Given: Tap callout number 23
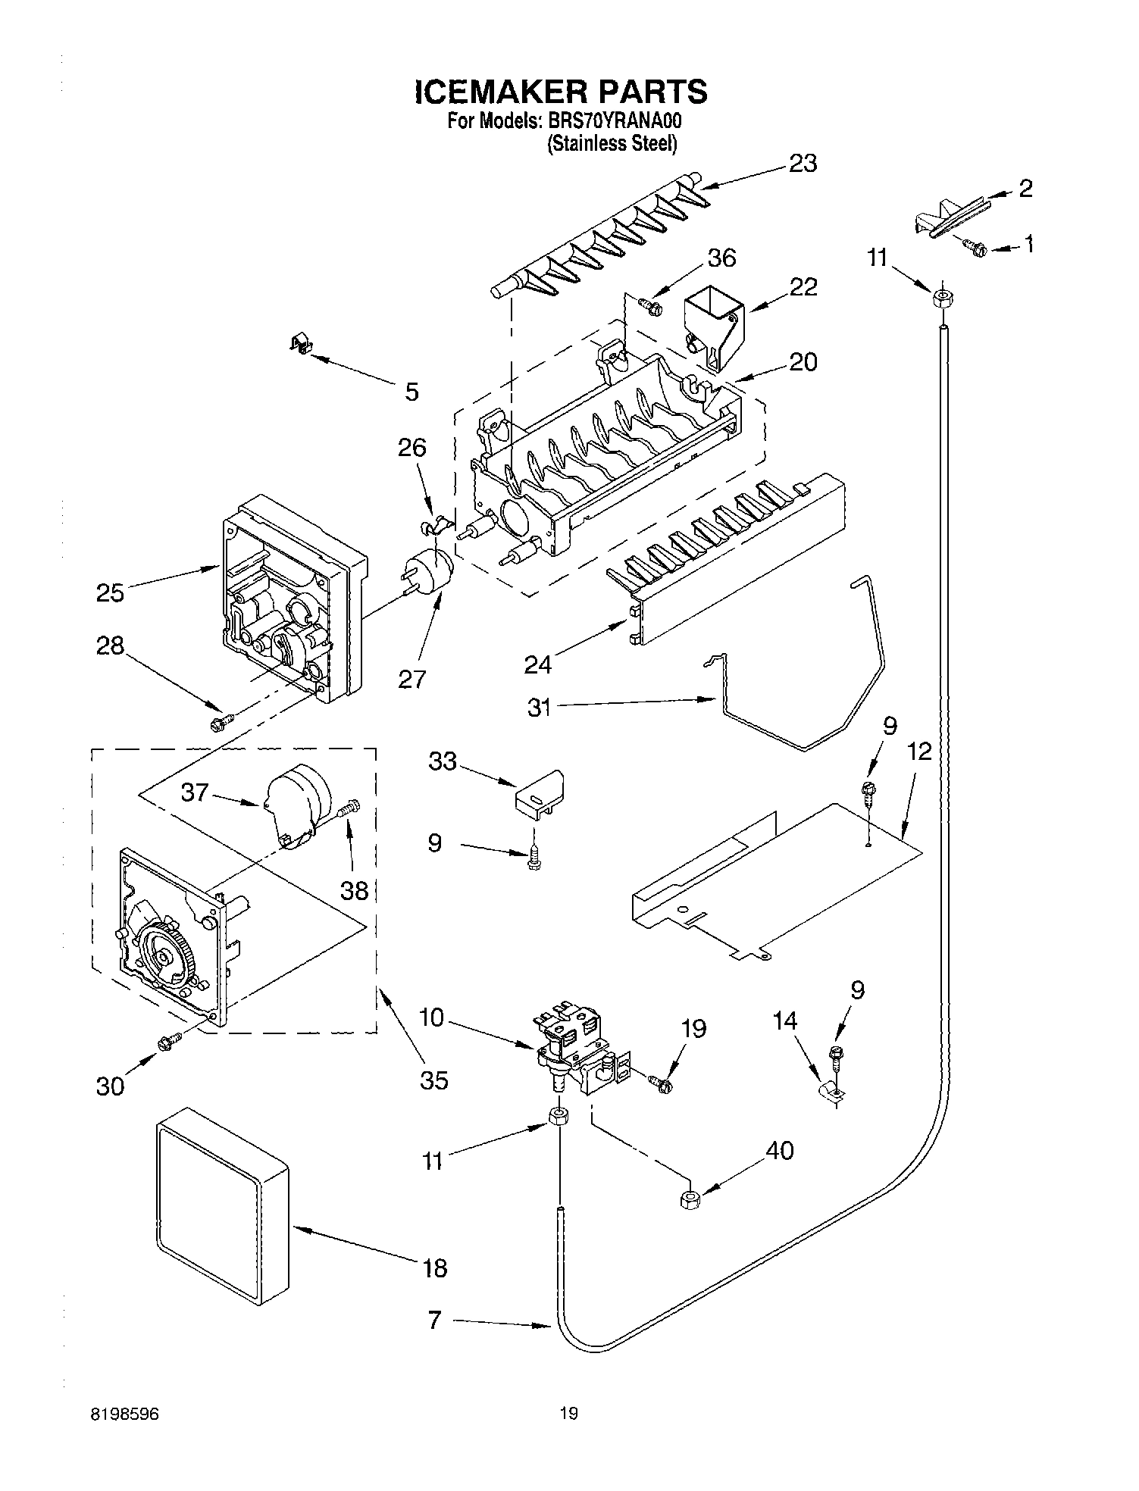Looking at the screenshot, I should pos(803,163).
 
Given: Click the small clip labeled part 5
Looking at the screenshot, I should pos(302,345).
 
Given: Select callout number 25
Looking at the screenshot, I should pos(110,592).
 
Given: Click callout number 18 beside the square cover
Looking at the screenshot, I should pos(435,1267).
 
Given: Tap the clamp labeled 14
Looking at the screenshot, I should pos(830,1091).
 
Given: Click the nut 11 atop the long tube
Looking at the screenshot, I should pos(941,298).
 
